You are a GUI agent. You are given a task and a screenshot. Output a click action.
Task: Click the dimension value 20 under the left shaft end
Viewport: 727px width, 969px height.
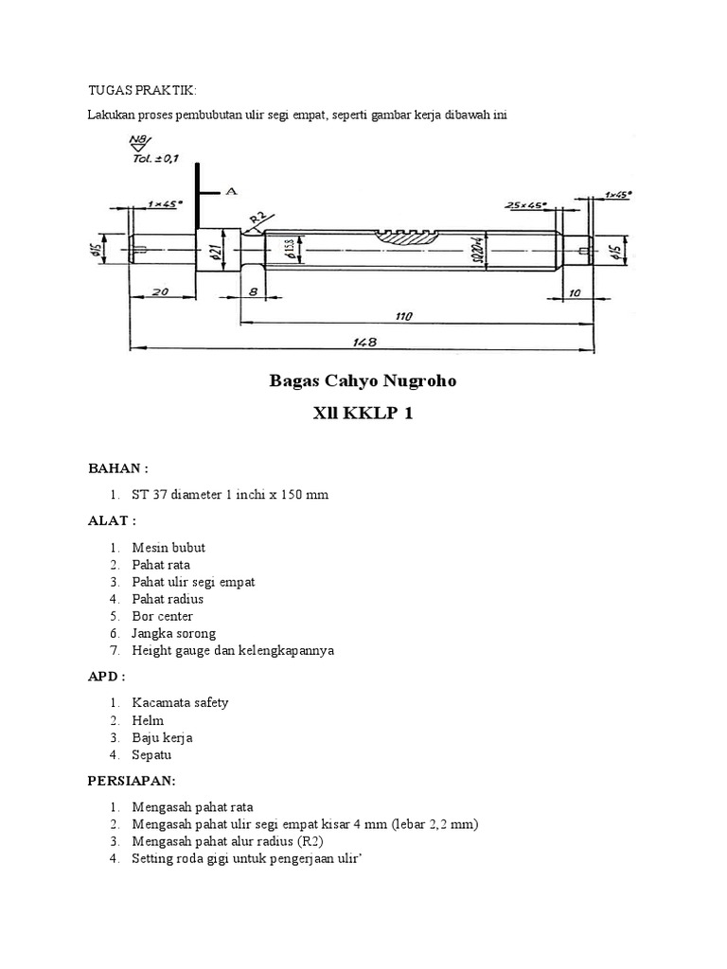159,293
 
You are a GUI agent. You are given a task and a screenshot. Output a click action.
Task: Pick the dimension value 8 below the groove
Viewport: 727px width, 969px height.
254,293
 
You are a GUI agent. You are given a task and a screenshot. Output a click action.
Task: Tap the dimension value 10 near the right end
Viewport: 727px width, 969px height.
575,293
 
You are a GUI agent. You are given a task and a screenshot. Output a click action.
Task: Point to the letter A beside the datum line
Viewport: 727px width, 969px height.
230,190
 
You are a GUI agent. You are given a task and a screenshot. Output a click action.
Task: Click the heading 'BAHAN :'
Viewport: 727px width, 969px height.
118,468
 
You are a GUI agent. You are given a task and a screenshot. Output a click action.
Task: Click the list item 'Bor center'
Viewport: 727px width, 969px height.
163,616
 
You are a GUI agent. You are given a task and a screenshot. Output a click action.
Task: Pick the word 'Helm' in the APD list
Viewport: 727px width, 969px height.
148,720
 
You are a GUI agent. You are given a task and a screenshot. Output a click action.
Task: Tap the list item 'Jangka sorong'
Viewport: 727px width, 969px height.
174,633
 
